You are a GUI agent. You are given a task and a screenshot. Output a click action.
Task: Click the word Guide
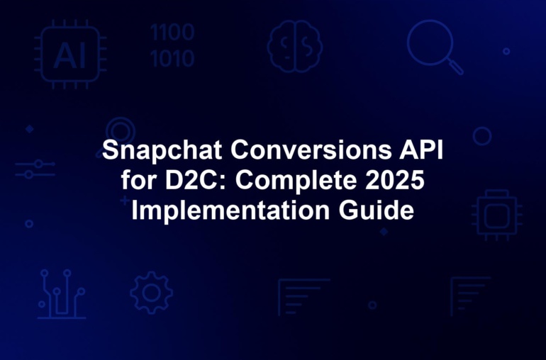point(377,210)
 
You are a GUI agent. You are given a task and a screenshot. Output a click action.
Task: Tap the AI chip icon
point(70,55)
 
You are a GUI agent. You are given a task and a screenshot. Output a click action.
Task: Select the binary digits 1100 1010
point(172,45)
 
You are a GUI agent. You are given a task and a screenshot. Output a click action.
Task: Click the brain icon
point(294,46)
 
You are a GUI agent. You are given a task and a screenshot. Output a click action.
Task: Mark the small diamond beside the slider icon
point(30,129)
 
